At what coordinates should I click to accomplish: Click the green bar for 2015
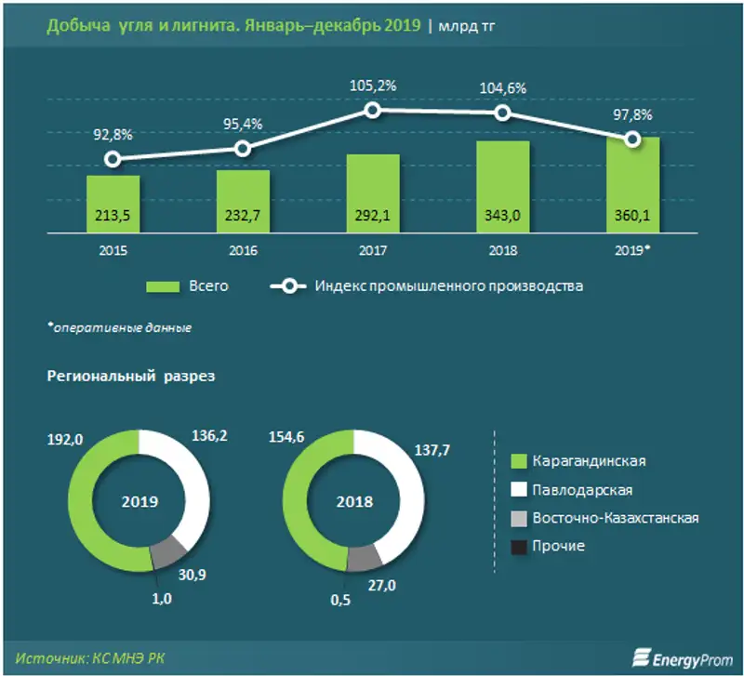click(x=113, y=203)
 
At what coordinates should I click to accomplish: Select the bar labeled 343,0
click(x=502, y=186)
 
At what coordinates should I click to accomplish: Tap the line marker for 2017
click(x=372, y=110)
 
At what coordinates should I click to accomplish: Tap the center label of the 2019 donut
click(x=139, y=501)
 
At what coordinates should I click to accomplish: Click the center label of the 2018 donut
click(x=354, y=501)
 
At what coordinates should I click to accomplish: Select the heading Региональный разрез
click(x=129, y=377)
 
